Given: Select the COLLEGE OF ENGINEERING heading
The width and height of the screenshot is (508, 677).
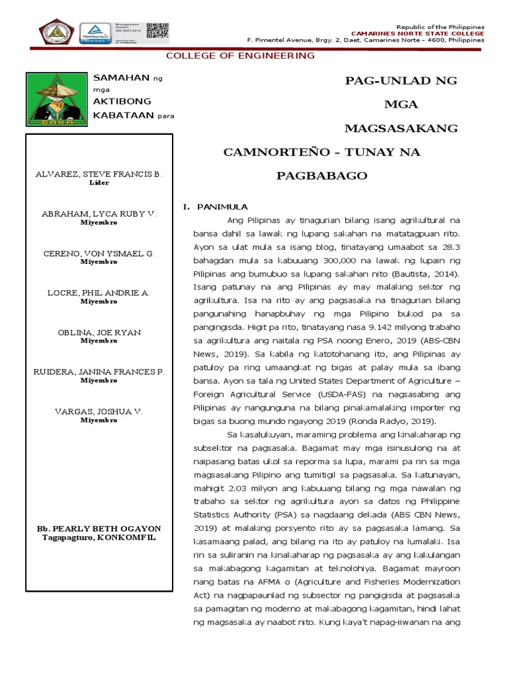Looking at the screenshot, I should (x=240, y=56).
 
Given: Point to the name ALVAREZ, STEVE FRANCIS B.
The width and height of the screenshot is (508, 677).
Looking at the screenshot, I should (x=98, y=174).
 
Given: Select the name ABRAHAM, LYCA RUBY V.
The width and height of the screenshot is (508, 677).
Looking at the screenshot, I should (x=98, y=214).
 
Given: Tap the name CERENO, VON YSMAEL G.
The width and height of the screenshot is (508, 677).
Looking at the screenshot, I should (x=98, y=253).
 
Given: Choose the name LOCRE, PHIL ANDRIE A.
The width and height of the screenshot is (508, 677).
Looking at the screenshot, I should (x=98, y=292).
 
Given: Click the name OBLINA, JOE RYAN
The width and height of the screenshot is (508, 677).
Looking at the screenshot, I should (x=98, y=332).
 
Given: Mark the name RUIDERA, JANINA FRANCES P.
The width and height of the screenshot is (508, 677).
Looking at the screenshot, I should (x=98, y=372).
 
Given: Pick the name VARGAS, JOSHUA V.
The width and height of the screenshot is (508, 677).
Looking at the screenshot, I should (x=98, y=411).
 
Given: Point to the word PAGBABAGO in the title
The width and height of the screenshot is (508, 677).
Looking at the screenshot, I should (x=321, y=177).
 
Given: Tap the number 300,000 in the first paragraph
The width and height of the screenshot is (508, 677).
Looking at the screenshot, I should (x=343, y=260).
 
